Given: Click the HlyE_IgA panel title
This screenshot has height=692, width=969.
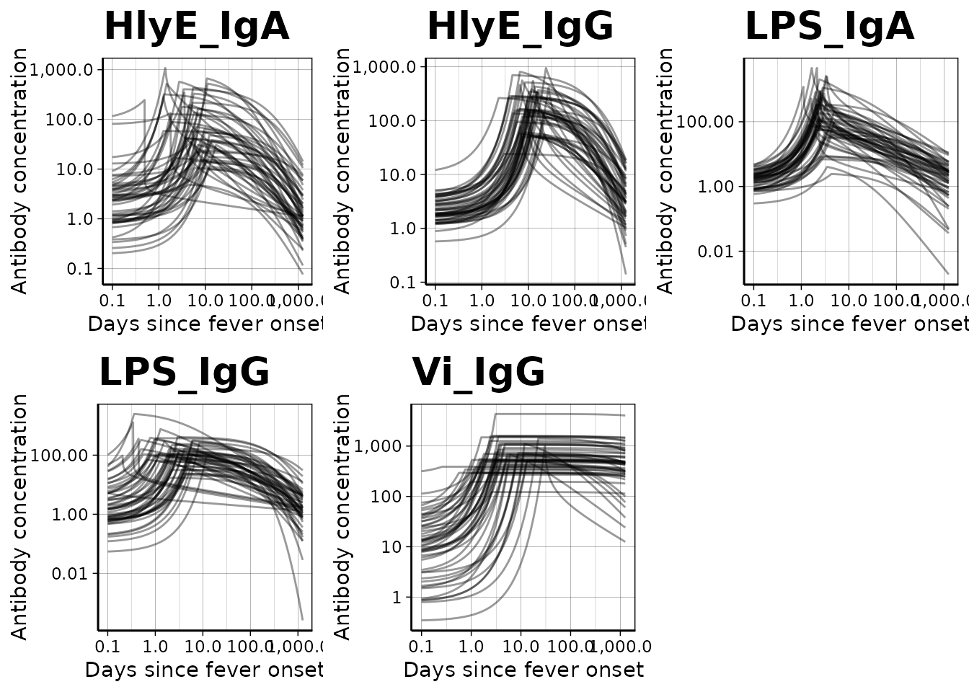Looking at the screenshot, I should [196, 27].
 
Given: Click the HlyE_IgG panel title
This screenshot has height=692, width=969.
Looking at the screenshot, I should [520, 27].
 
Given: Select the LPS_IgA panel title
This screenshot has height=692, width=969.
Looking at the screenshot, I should [829, 27].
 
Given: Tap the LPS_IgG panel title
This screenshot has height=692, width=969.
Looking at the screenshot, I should [184, 373].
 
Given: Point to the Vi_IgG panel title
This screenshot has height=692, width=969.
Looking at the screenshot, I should [478, 373].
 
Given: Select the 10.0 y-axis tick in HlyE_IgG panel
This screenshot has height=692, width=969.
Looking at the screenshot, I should [392, 174].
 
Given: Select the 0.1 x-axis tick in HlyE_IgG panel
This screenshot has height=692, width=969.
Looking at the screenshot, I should [435, 300].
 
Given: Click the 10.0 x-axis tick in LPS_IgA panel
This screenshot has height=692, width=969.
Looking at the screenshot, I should [848, 300].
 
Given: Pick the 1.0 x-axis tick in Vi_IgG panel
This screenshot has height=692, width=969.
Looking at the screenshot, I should [471, 646].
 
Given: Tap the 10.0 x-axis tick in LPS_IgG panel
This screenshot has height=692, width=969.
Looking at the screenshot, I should [203, 646].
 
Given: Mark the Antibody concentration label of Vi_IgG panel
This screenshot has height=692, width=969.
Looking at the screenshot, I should [343, 517].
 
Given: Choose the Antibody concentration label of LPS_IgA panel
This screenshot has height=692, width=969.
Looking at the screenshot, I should [666, 171].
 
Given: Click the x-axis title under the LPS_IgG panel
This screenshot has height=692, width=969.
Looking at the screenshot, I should [203, 670].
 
